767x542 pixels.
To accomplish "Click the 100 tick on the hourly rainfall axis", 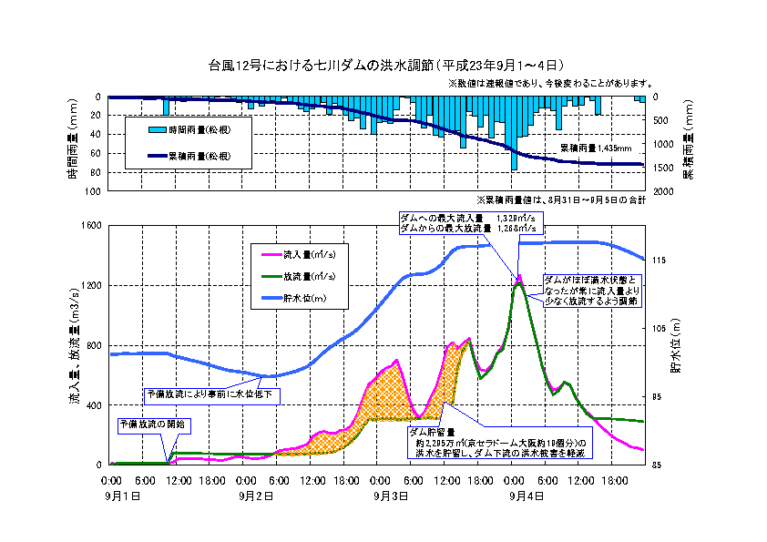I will pos(93,191).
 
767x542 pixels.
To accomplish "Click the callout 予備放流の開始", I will pos(152,424).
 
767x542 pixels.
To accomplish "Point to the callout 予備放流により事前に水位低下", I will pos(211,395).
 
